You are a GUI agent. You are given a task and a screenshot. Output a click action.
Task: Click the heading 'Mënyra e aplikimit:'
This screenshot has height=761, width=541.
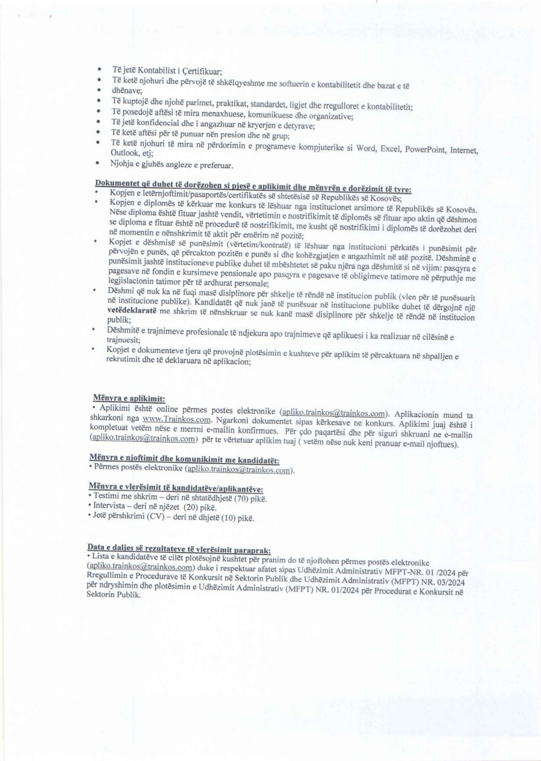(129, 398)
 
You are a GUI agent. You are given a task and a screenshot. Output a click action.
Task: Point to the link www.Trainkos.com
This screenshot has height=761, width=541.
(176, 419)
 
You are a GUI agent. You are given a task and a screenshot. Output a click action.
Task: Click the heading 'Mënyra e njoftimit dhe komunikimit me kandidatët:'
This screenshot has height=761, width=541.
(184, 459)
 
